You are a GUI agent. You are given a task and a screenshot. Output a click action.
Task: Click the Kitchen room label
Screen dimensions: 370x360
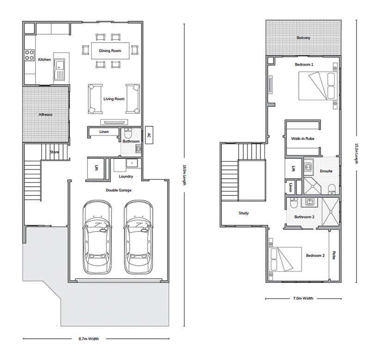click(x=44, y=60)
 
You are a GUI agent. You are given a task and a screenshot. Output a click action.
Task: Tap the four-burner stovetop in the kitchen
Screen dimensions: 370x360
click(x=30, y=55)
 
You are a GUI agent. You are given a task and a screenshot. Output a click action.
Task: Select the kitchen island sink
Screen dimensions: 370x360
click(x=59, y=69)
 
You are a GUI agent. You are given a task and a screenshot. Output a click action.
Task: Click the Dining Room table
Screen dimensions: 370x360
click(x=110, y=51)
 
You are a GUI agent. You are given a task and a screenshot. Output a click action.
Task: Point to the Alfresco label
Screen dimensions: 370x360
click(x=45, y=115)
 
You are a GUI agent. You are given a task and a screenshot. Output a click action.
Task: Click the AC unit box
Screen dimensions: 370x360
click(x=149, y=135)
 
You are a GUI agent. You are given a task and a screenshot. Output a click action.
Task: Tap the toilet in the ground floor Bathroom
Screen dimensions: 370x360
click(x=128, y=134)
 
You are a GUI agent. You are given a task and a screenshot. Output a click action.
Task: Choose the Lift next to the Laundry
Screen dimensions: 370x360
click(x=96, y=168)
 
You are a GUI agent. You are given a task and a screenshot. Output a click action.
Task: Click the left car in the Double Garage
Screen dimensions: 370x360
click(x=97, y=237)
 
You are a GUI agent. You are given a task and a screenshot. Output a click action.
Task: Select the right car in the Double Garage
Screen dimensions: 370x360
click(x=138, y=237)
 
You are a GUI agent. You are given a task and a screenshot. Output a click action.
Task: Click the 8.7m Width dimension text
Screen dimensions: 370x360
click(x=89, y=339)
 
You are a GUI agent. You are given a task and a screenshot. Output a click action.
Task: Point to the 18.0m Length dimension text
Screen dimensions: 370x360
click(x=185, y=175)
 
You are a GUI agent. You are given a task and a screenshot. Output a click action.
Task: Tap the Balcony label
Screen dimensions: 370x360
click(x=303, y=38)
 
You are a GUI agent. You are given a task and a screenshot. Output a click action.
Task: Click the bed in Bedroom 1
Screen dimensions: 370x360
click(x=318, y=86)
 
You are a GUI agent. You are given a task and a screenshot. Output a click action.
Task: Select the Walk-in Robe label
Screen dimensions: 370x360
click(x=303, y=139)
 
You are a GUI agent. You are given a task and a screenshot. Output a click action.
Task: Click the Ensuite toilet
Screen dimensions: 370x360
click(x=332, y=189)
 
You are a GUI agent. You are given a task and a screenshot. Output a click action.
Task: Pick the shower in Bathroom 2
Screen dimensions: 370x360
click(x=331, y=212)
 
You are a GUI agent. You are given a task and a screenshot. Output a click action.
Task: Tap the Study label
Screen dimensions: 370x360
click(x=244, y=213)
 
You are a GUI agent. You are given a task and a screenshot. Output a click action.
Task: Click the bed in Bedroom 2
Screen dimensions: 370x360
click(x=285, y=259)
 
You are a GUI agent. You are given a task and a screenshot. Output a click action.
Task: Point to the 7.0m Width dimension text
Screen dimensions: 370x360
click(x=303, y=298)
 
